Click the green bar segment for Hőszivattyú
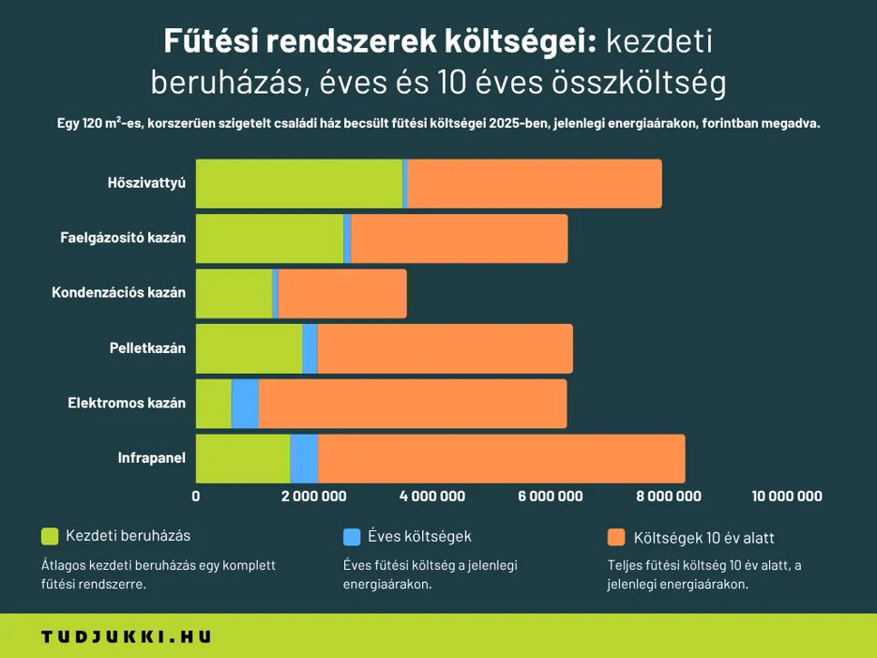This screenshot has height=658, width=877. coord(299,183)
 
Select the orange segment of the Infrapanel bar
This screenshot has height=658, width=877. coord(501,458)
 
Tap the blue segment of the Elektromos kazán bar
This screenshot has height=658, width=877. coord(245,404)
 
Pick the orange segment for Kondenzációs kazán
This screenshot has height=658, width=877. coord(341,293)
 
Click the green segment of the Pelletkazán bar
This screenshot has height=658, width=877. coord(249,349)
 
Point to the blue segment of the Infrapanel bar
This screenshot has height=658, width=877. coord(304,458)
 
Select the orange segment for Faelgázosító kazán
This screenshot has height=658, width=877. coord(458,239)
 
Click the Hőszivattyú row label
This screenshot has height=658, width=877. coord(145,183)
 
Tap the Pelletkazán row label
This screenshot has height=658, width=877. coord(147,349)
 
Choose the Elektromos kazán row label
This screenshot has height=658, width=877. coord(126,403)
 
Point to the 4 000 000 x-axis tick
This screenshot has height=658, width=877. coord(432,496)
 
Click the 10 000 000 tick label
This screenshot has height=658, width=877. coord(787,496)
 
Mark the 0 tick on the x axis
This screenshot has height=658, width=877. coord(196,496)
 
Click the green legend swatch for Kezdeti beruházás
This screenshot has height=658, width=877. coord(50,536)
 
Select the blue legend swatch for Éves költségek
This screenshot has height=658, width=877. coord(351,536)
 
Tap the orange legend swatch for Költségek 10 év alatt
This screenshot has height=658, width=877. coord(616,537)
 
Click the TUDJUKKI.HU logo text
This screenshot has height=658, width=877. coord(126,637)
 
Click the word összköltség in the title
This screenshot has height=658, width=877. coord(639,83)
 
